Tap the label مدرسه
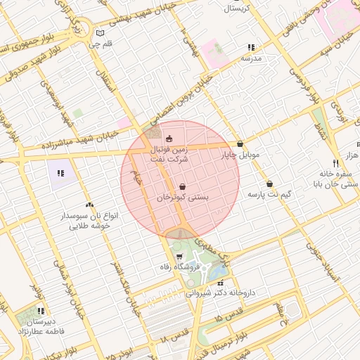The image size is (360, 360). [251, 58]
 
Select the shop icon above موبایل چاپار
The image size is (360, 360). [240, 143]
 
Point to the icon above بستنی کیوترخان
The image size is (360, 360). [183, 187]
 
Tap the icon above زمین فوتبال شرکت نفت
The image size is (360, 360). [169, 139]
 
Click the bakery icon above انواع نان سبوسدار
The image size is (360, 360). [89, 205]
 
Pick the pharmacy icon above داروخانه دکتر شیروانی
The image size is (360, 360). [220, 283]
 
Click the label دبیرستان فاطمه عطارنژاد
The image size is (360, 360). [40, 321]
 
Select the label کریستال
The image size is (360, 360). [240, 9]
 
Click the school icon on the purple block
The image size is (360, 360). [60, 172]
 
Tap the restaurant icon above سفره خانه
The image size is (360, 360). [336, 162]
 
